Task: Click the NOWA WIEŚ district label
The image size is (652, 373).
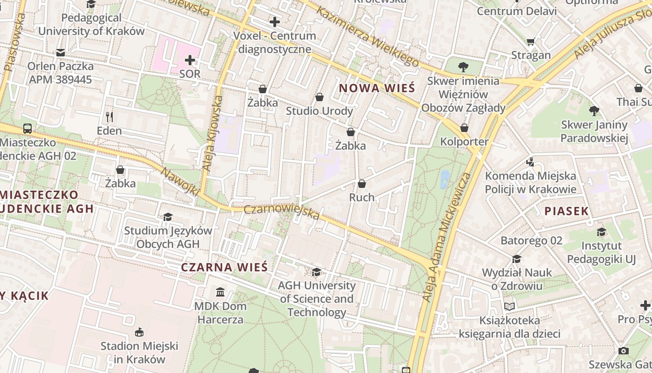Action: pyautogui.click(x=376, y=88)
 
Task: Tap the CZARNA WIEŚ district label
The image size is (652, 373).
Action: pyautogui.click(x=224, y=267)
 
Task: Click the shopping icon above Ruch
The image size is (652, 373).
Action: pyautogui.click(x=362, y=184)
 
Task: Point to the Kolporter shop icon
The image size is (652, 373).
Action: pyautogui.click(x=464, y=128)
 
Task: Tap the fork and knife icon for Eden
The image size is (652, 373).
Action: pyautogui.click(x=109, y=117)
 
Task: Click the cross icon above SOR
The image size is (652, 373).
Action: pyautogui.click(x=190, y=60)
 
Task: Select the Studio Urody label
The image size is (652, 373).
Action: pyautogui.click(x=319, y=111)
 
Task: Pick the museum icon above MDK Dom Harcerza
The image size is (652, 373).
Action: pyautogui.click(x=220, y=292)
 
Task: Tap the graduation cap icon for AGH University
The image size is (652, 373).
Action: pyautogui.click(x=316, y=272)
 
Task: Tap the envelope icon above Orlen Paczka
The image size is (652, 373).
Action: pyautogui.click(x=61, y=53)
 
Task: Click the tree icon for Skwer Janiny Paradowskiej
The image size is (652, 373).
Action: pyautogui.click(x=594, y=111)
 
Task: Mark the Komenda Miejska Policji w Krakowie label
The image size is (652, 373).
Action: pyautogui.click(x=530, y=182)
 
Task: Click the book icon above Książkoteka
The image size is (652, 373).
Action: pyautogui.click(x=510, y=306)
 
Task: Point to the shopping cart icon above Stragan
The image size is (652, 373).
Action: pyautogui.click(x=530, y=42)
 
